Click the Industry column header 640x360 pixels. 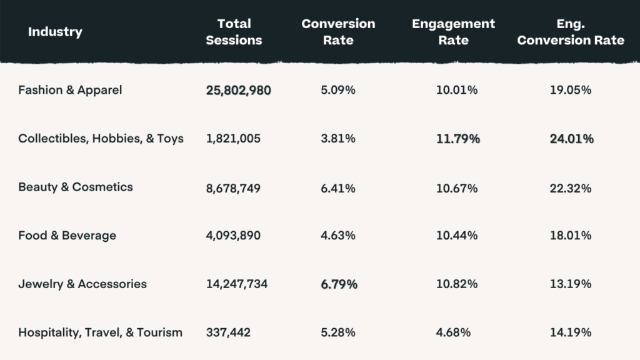point(55,32)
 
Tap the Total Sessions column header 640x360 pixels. point(234,32)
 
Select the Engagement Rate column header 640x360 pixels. point(453,32)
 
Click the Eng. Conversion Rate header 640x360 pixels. point(571,32)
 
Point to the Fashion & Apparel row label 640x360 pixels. point(70,90)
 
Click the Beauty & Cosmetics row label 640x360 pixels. point(76,187)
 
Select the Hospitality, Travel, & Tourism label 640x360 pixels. point(100,332)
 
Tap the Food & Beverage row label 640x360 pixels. point(67,236)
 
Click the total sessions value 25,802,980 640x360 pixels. point(238,91)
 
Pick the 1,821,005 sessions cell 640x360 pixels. point(233,139)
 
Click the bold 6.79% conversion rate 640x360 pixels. point(339,284)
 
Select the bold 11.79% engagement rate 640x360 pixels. point(457,139)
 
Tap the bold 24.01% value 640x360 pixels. point(571,139)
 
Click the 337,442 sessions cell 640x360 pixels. point(228,332)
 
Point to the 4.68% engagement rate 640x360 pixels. point(453,332)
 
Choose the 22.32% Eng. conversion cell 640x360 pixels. point(570,187)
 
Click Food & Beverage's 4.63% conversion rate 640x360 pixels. point(338,236)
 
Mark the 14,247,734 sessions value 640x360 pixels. point(237,284)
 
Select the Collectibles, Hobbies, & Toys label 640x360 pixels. point(101,139)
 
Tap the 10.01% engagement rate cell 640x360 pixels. point(457,91)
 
